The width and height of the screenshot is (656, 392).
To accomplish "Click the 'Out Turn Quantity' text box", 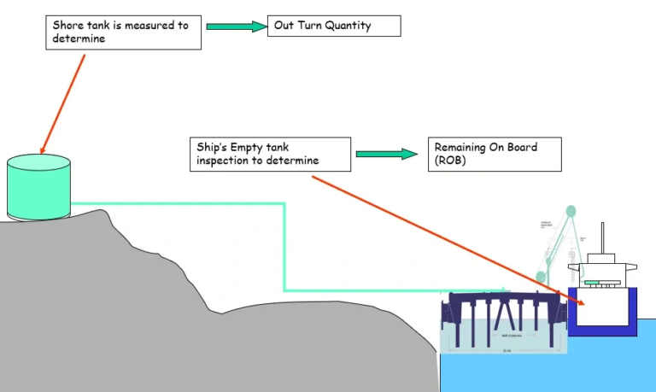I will [x=334, y=26].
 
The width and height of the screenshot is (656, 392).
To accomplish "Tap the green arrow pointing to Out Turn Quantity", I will [x=237, y=26].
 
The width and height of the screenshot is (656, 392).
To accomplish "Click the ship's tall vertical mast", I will [x=603, y=238].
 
